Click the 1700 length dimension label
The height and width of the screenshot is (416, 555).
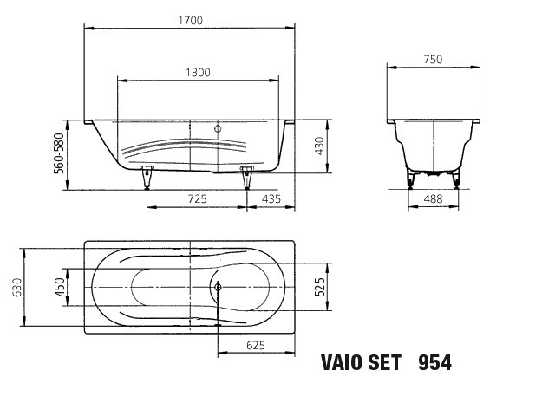coord(191,21)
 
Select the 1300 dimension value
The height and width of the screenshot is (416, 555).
coord(198,73)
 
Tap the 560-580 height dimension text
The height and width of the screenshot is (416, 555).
coord(59,153)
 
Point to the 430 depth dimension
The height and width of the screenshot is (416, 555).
coord(319,146)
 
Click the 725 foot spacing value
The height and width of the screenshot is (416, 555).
coord(197,198)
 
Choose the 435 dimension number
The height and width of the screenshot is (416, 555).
coord(271,198)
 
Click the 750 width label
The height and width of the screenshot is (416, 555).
coord(433,59)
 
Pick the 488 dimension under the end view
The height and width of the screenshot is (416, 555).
coord(433,198)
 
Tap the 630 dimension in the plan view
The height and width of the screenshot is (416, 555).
coord(17,287)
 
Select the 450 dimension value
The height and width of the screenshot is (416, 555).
coord(60,287)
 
